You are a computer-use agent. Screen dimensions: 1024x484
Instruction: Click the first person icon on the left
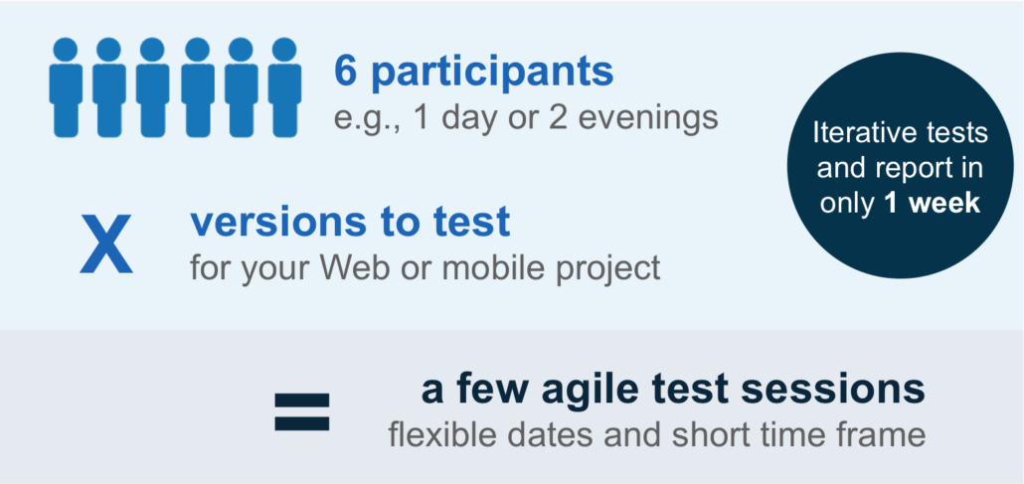[66, 87]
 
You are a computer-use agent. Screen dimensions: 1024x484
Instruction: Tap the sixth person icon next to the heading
[284, 87]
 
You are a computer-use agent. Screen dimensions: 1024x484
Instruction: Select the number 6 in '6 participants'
[345, 72]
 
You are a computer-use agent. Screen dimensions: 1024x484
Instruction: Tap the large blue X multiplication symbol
[105, 244]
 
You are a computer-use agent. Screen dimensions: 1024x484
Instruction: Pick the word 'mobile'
[475, 267]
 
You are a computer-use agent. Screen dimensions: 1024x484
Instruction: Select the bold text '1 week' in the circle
[933, 204]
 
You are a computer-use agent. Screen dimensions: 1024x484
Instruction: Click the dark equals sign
[301, 412]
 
